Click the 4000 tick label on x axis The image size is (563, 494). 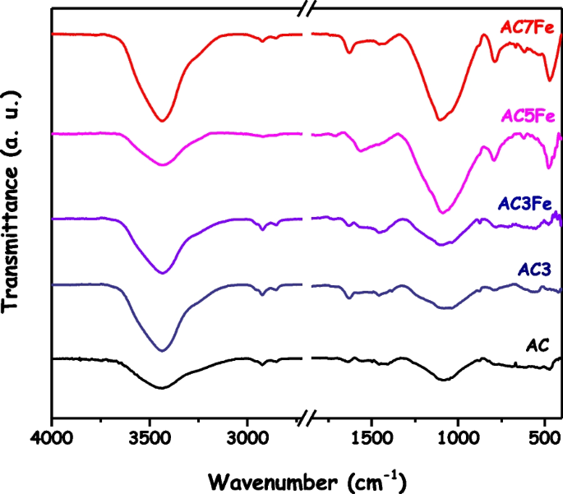point(52,440)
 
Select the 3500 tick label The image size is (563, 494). point(150,440)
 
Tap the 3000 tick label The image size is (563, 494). point(247,440)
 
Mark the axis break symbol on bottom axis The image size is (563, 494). point(307,419)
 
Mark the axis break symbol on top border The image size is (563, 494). point(307,10)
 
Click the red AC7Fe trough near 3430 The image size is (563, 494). point(162,121)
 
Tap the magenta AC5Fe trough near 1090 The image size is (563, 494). point(442,212)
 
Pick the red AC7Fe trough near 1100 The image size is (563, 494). point(440,119)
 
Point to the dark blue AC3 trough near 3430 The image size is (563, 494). point(162,350)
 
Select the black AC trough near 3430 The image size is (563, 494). point(162,387)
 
